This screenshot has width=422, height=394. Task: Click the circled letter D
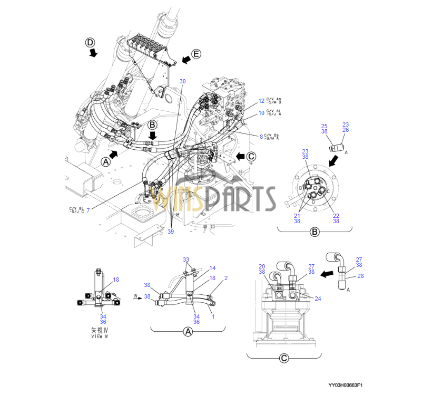[91, 42]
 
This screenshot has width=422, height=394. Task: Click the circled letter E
[196, 53]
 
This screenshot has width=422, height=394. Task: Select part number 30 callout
[182, 81]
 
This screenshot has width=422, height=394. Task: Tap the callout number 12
[261, 100]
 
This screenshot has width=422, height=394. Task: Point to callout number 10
[261, 113]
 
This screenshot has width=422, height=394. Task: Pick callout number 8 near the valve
[260, 137]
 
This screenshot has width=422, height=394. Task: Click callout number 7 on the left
[88, 210]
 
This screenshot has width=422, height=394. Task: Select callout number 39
[171, 231]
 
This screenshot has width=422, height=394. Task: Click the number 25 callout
[325, 126]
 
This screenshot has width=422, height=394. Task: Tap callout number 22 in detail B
[336, 215]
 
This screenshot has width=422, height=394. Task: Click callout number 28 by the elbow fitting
[360, 276]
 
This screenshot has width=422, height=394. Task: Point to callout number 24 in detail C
[318, 298]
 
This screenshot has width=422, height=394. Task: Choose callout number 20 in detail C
[262, 266]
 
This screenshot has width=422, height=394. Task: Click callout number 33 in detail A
[185, 260]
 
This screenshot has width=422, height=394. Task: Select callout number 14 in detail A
[212, 268]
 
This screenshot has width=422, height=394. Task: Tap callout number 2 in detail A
[225, 277]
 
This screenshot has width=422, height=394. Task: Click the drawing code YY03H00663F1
[346, 385]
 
